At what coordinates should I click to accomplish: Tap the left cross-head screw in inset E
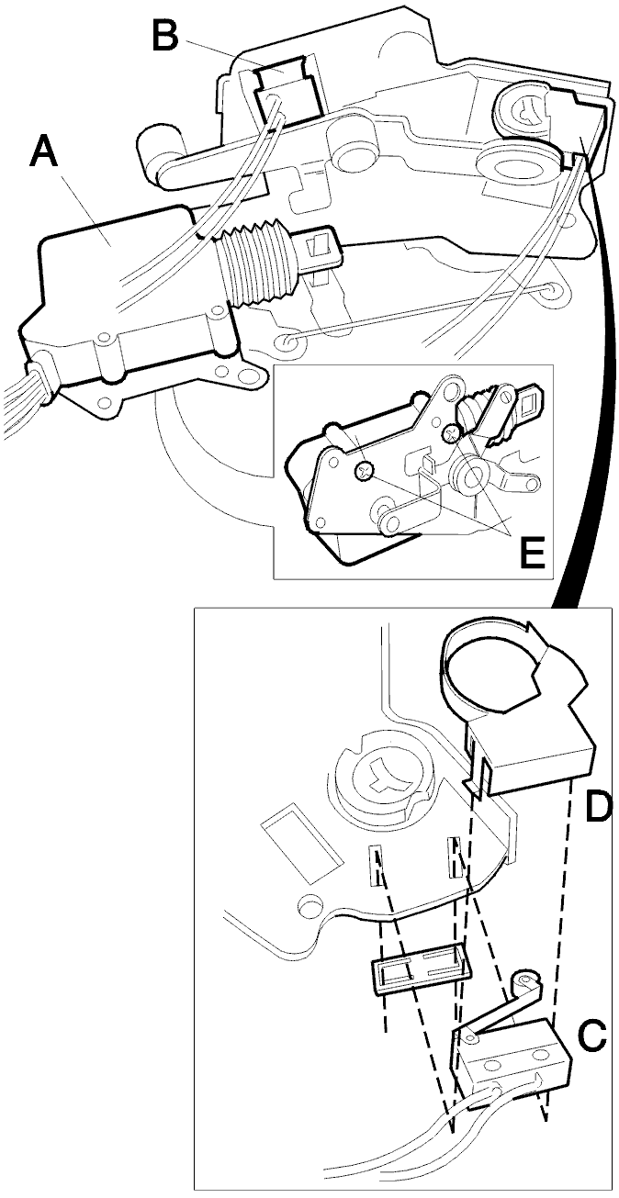[x=364, y=471]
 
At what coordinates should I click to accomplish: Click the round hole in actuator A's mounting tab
[x=246, y=375]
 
